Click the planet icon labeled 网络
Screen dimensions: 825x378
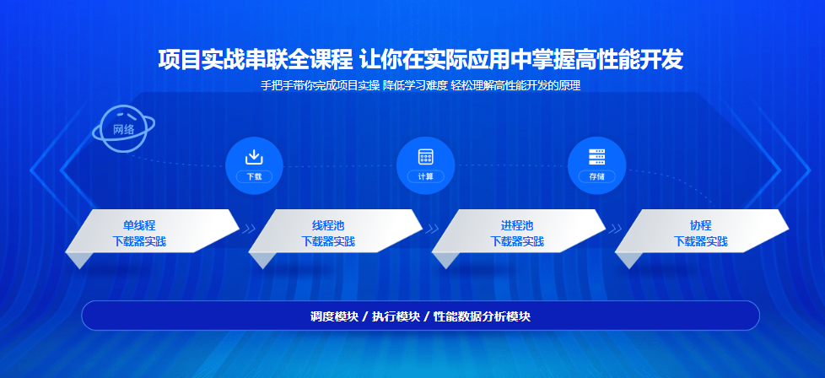124,129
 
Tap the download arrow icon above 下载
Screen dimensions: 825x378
254,157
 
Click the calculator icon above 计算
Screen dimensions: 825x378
426,157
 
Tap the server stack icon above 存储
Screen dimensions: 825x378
596,157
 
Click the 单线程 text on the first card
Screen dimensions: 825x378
139,226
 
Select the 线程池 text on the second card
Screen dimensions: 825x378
328,226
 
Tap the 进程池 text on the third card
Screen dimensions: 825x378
517,226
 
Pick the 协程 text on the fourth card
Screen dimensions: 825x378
701,226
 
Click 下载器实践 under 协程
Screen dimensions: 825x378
701,241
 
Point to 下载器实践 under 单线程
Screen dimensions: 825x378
139,241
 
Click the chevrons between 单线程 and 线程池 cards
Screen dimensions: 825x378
248,229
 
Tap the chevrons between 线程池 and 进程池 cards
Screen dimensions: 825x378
432,229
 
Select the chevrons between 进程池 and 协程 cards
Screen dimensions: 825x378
615,229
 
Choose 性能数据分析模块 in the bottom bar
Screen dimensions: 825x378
482,316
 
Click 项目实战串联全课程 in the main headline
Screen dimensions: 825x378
256,60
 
